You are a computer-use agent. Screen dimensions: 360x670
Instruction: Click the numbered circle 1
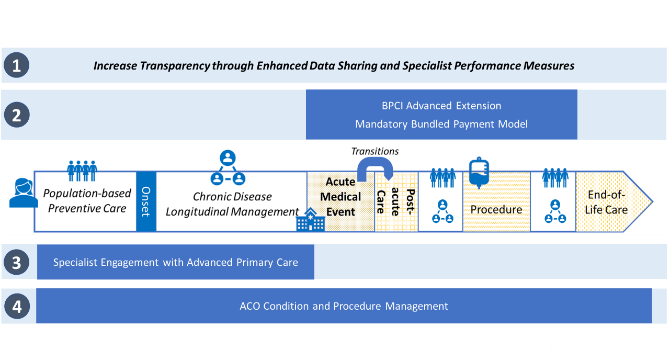pyautogui.click(x=16, y=66)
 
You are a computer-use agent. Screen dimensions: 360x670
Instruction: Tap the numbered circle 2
pyautogui.click(x=16, y=115)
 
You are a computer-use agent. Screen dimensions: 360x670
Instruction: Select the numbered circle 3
pyautogui.click(x=16, y=262)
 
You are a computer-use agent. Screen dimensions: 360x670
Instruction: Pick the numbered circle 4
pyautogui.click(x=16, y=306)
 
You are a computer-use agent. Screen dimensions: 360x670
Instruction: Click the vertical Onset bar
pyautogui.click(x=146, y=201)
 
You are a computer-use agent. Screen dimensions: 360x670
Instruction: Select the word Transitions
pyautogui.click(x=375, y=151)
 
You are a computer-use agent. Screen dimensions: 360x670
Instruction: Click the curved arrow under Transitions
pyautogui.click(x=375, y=169)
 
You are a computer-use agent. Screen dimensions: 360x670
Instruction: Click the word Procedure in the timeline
pyautogui.click(x=496, y=210)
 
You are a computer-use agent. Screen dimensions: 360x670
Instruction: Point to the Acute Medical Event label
pyautogui.click(x=340, y=197)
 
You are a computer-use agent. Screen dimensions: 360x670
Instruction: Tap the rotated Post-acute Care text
pyautogui.click(x=395, y=202)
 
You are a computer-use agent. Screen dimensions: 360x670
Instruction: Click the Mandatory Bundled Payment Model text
pyautogui.click(x=441, y=124)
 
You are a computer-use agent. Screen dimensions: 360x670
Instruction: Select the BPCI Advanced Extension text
pyautogui.click(x=441, y=106)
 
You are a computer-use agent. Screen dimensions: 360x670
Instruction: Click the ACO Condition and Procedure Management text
pyautogui.click(x=344, y=306)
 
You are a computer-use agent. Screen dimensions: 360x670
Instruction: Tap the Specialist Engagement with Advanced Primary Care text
pyautogui.click(x=175, y=262)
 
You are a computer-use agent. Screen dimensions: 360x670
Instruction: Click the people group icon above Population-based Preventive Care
pyautogui.click(x=82, y=171)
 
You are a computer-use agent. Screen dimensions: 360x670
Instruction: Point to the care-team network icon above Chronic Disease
pyautogui.click(x=228, y=168)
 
